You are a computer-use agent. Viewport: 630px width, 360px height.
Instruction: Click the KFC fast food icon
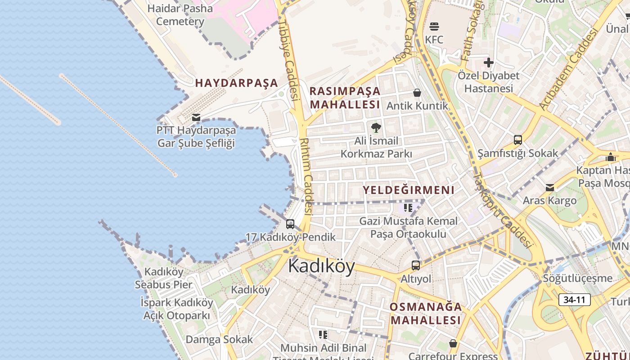(x=434, y=27)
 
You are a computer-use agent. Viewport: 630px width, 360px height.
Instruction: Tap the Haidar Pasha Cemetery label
(x=180, y=15)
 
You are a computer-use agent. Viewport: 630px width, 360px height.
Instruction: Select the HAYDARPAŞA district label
(x=237, y=83)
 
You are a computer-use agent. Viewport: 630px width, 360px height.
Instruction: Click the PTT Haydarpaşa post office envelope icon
(x=196, y=117)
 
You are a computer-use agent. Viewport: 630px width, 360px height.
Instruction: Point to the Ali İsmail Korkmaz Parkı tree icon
(x=376, y=128)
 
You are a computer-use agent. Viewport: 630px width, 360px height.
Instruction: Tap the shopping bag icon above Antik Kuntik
(x=417, y=93)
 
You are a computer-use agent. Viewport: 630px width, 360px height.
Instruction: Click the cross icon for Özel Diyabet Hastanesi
(x=489, y=63)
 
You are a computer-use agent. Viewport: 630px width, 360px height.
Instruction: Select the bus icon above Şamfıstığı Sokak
(x=518, y=140)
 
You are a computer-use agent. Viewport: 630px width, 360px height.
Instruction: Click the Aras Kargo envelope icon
(x=550, y=188)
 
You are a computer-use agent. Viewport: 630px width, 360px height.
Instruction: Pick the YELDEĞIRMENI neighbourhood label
(x=409, y=190)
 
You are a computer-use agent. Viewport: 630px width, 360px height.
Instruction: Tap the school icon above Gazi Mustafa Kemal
(x=408, y=208)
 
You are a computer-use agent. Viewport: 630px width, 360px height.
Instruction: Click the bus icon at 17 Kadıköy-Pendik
(x=290, y=224)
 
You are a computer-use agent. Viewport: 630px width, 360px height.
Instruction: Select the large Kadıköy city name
(x=321, y=266)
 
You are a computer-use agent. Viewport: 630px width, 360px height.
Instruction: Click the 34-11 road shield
(x=574, y=300)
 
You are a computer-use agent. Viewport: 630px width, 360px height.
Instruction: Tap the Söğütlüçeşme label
(x=578, y=278)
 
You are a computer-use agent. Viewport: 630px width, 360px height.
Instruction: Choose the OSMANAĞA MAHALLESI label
(x=426, y=314)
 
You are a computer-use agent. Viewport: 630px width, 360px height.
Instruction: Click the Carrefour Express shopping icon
(x=453, y=344)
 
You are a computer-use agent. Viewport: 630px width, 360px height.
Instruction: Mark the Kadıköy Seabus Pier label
(x=164, y=278)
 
